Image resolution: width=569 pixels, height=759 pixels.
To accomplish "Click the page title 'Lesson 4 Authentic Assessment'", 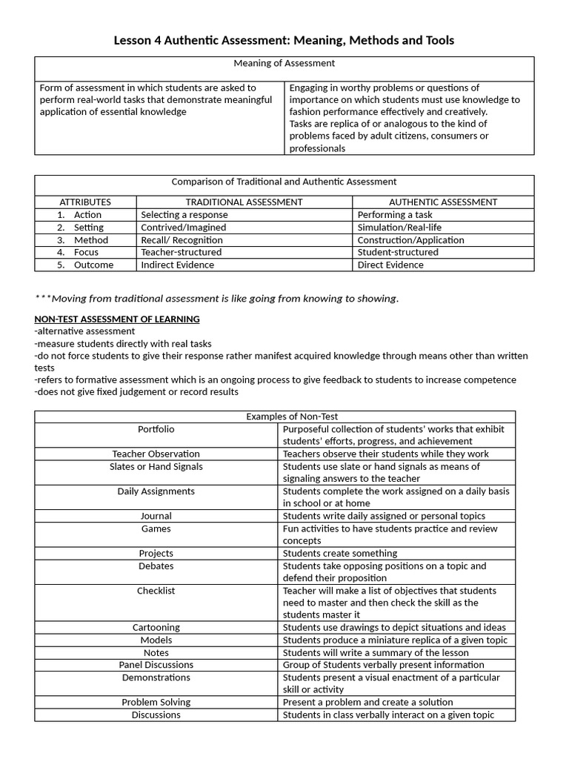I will pos(284,40).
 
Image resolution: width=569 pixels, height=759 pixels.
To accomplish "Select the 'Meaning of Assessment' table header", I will pos(284,64).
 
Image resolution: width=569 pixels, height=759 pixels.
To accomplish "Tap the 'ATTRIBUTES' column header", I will pos(85,202).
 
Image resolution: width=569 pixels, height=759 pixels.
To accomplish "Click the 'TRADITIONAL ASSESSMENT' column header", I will pos(244,202).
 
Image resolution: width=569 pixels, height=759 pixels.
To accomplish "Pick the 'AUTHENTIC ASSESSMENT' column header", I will pos(443,202).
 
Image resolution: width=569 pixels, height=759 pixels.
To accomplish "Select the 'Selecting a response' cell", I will pos(184,215).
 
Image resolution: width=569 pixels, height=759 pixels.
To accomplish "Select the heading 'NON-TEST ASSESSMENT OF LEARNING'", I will pos(117,319).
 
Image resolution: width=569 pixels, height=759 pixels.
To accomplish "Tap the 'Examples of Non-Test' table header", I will pos(292,417).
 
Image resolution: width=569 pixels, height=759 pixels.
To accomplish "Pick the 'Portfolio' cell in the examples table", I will pos(156,429).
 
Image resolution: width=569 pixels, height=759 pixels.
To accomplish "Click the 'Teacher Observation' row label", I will pos(156,454).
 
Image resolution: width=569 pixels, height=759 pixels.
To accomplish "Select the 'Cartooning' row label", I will pos(156,627).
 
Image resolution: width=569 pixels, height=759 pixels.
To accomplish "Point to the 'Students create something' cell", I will pos(340,553).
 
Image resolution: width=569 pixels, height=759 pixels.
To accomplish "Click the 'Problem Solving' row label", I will pos(156,702).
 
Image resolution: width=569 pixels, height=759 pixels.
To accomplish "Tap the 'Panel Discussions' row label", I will pos(156,665).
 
